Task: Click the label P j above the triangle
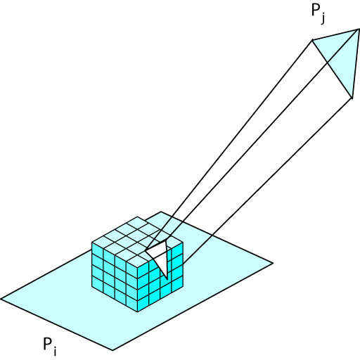point(319,14)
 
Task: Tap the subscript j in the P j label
point(323,18)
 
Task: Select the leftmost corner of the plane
point(1,299)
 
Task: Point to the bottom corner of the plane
point(113,350)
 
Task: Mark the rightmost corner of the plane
point(273,263)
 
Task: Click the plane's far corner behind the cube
point(161,212)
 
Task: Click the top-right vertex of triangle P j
point(359,29)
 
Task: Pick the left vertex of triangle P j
point(312,40)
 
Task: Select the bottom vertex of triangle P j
point(352,98)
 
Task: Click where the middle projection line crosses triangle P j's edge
point(327,63)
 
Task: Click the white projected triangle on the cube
point(160,255)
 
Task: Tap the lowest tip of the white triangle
point(167,279)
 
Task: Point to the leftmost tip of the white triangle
point(146,250)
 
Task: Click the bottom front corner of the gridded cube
point(138,311)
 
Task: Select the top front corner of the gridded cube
point(138,266)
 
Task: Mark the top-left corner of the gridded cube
point(92,243)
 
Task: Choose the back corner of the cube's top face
point(138,217)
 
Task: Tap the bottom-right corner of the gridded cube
point(183,288)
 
